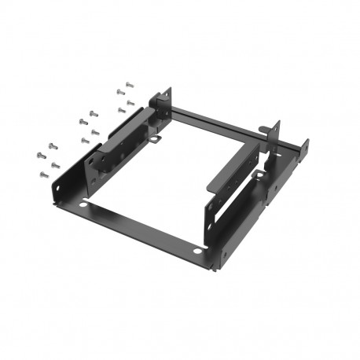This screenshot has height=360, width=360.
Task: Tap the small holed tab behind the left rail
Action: pos(156,141)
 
